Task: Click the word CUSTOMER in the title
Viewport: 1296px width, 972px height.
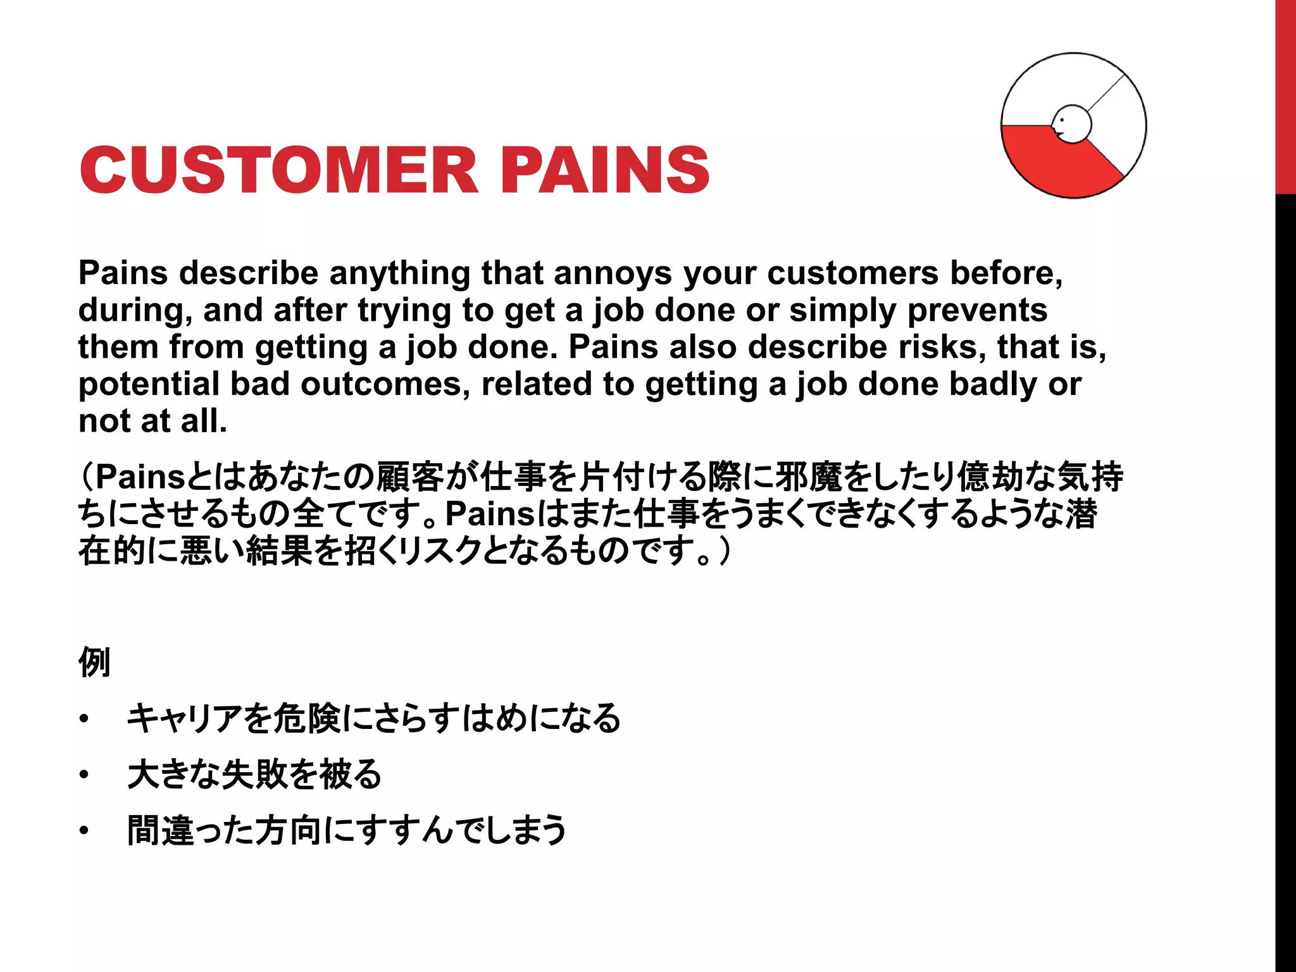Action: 278,170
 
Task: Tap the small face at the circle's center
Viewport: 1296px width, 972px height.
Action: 1071,124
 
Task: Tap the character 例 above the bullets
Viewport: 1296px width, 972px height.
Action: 94,662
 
